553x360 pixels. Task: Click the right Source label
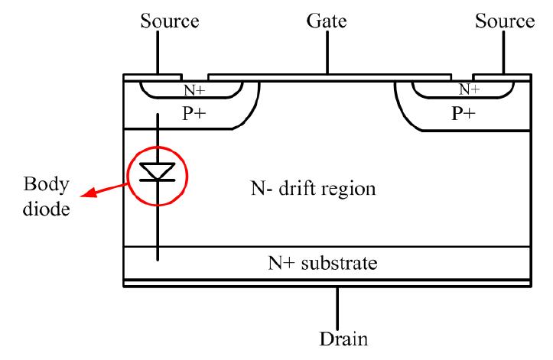503,21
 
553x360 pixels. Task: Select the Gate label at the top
327,21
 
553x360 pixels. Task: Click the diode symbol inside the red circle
158,171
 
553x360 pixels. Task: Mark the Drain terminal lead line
337,305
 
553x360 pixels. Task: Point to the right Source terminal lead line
503,54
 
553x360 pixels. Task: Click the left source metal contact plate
152,77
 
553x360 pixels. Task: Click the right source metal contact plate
502,77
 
